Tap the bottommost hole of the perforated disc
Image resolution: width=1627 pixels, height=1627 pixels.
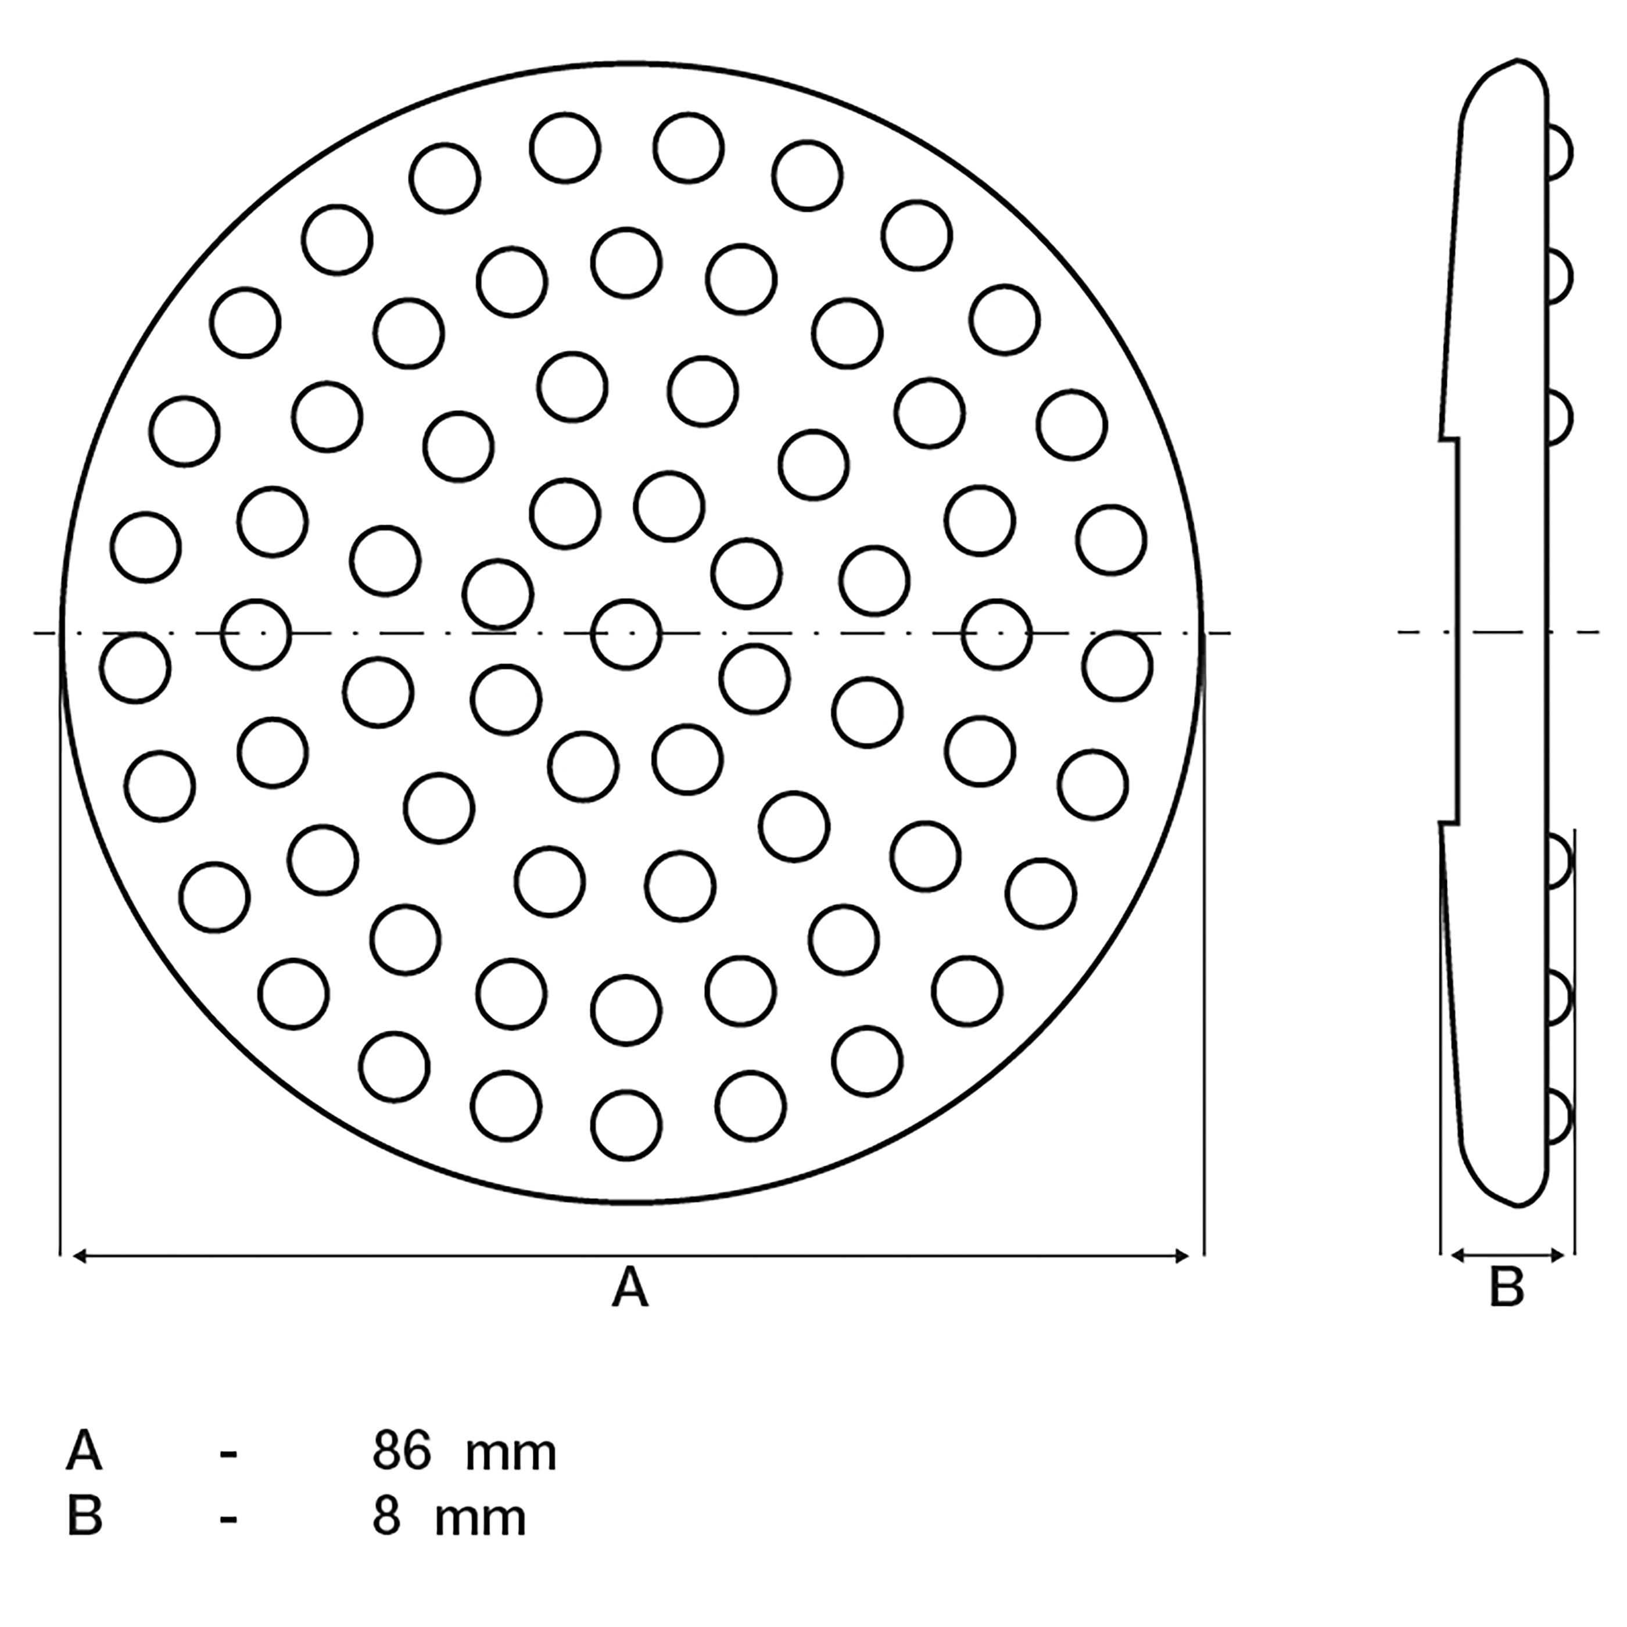[626, 1125]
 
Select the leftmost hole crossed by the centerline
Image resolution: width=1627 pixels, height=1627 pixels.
[256, 634]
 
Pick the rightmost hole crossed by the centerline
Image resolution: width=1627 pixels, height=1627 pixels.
[997, 634]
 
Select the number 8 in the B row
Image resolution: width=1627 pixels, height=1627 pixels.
[386, 1518]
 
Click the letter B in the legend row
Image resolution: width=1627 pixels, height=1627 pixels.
[84, 1518]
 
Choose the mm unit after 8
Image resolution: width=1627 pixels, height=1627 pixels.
[480, 1522]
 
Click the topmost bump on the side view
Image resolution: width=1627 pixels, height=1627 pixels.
[1559, 153]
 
